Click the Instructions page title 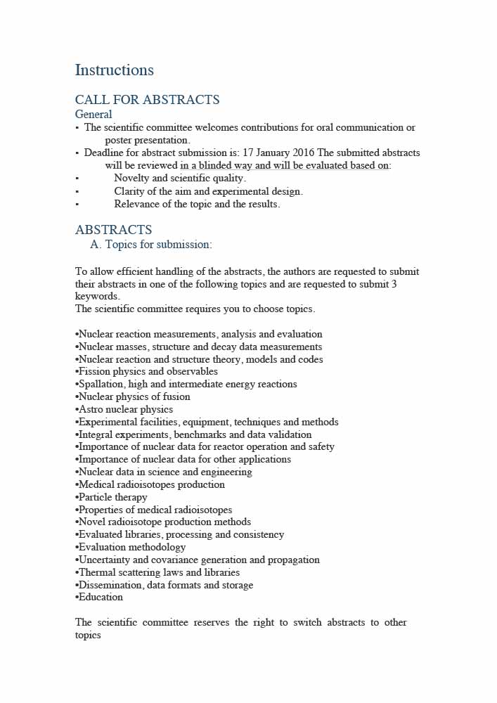114,70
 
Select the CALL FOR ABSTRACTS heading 147,100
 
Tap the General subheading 93,114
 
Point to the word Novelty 134,179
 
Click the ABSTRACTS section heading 113,230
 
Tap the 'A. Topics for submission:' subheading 150,245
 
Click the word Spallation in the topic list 101,385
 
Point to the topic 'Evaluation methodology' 132,547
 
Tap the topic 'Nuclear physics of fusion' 134,396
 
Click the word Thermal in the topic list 97,572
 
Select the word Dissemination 110,585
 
